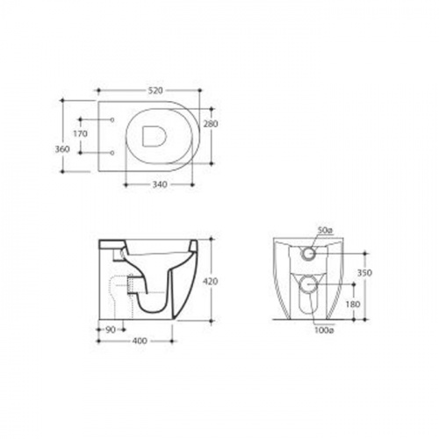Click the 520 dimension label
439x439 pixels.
click(155, 90)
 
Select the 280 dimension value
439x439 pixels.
click(211, 124)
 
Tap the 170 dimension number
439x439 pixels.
click(80, 133)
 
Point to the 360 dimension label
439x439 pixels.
click(62, 149)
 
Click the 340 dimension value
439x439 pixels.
click(160, 184)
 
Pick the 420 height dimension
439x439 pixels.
click(211, 282)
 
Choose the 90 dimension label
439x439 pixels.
click(111, 330)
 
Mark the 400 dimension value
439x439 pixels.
click(140, 342)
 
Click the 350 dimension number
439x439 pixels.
click(364, 273)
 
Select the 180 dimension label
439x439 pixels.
click(353, 305)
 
